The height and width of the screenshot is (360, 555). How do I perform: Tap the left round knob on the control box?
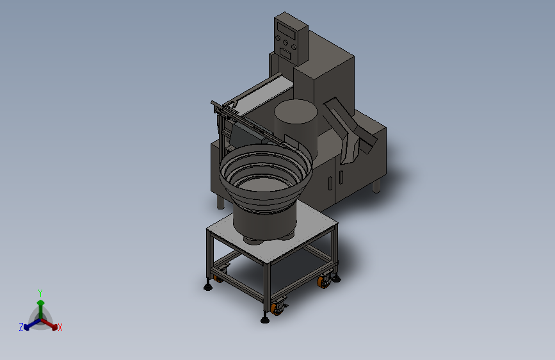tap(278, 38)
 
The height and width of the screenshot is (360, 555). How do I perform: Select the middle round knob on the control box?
tap(286, 42)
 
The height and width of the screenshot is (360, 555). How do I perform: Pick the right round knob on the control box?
tap(293, 47)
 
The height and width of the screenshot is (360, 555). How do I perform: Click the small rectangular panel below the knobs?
tap(286, 54)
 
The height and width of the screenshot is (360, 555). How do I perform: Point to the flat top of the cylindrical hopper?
tap(296, 111)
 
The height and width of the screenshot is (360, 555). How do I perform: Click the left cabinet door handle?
tap(330, 184)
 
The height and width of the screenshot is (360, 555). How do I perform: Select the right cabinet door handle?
tap(341, 177)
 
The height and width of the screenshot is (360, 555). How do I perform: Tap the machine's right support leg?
tap(376, 186)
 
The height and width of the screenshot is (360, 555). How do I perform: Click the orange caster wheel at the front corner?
tap(276, 308)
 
